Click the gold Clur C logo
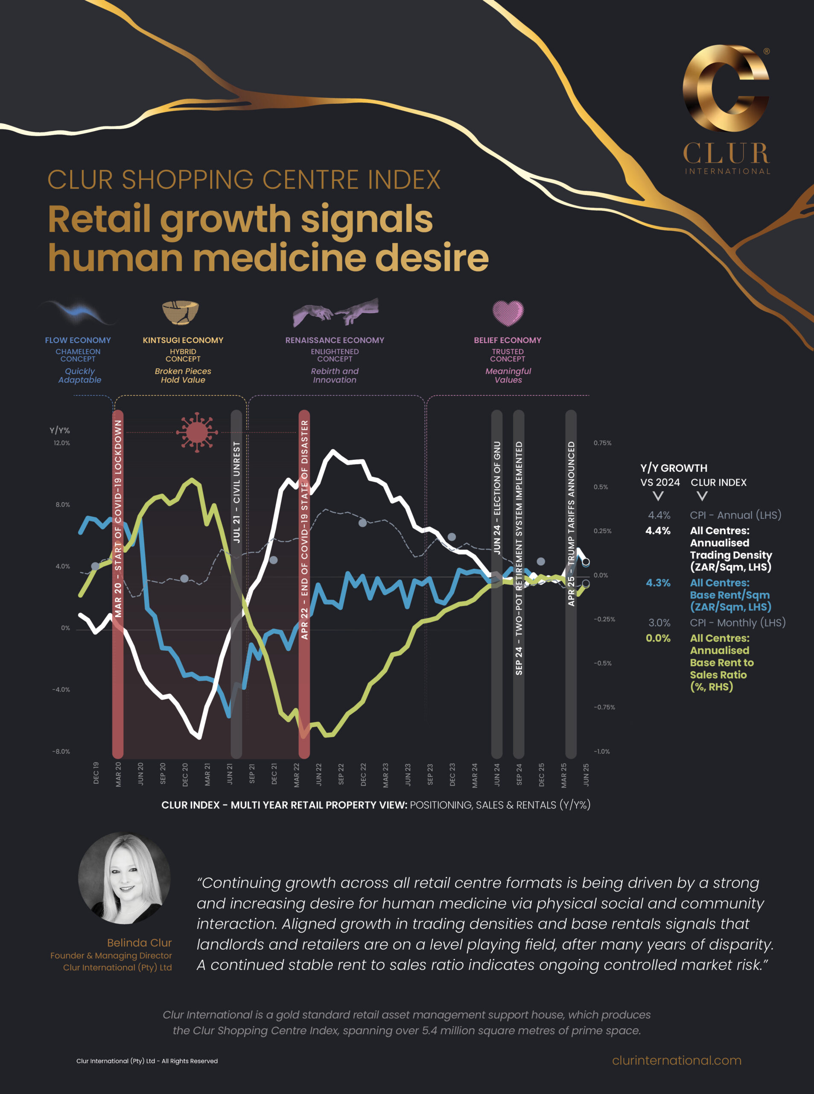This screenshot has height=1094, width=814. click(x=725, y=89)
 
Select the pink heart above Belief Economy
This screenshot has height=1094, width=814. click(x=508, y=313)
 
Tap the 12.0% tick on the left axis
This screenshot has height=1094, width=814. click(x=61, y=443)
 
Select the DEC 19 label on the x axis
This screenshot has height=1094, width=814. click(x=96, y=773)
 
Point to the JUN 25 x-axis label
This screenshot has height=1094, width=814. click(x=586, y=774)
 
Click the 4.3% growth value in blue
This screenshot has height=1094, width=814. click(x=658, y=582)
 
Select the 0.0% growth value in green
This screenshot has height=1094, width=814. click(x=658, y=638)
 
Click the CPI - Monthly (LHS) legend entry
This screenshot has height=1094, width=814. click(x=737, y=623)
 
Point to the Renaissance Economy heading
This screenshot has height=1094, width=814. click(x=335, y=340)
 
